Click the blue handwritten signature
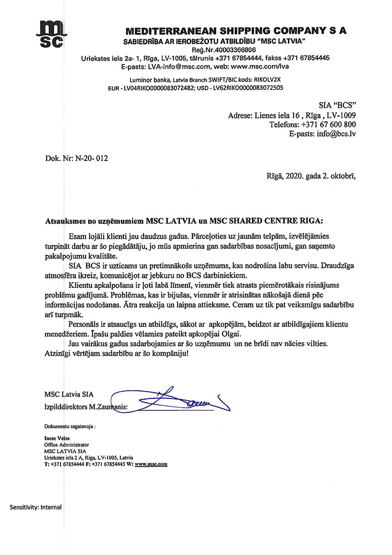[176, 400]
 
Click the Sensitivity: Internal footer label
[36, 507]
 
